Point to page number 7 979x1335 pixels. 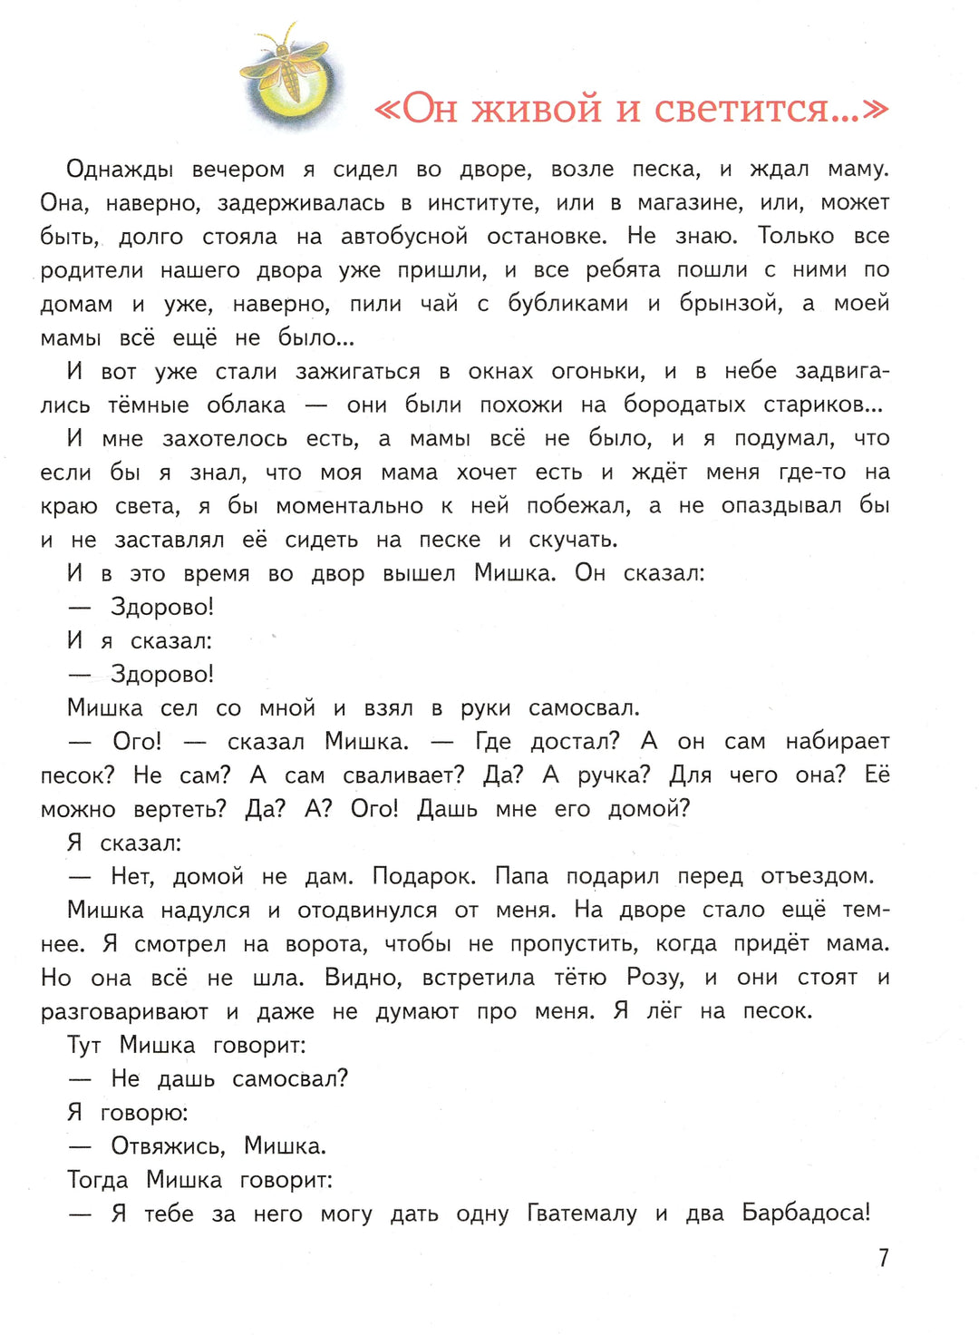[x=883, y=1258]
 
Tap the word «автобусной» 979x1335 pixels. [x=404, y=237]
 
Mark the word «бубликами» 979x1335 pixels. [x=567, y=304]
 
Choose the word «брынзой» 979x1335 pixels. [x=731, y=304]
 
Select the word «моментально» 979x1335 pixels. [x=349, y=506]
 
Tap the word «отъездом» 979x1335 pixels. [x=818, y=877]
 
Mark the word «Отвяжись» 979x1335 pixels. [x=169, y=1147]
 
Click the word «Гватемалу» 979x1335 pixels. [x=582, y=1214]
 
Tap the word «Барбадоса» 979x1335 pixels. [x=805, y=1214]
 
